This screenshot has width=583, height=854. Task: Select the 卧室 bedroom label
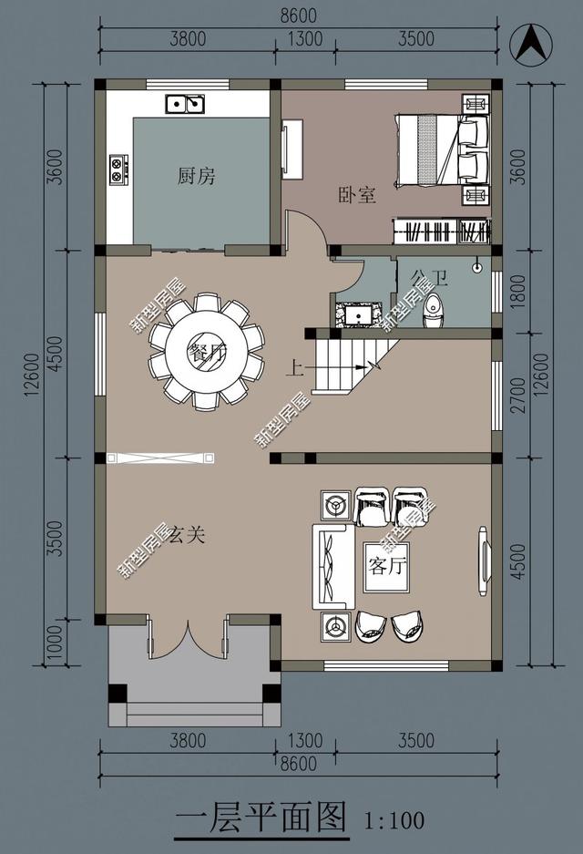[357, 195]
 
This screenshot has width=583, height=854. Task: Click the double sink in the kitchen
[185, 104]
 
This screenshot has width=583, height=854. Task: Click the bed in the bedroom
[436, 148]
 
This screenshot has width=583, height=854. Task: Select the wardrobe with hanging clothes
[441, 231]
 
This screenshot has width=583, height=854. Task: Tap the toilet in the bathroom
[435, 311]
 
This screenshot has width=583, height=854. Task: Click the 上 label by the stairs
[294, 369]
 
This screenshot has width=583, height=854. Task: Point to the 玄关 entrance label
[187, 535]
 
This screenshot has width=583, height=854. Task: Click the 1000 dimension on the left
[56, 637]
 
